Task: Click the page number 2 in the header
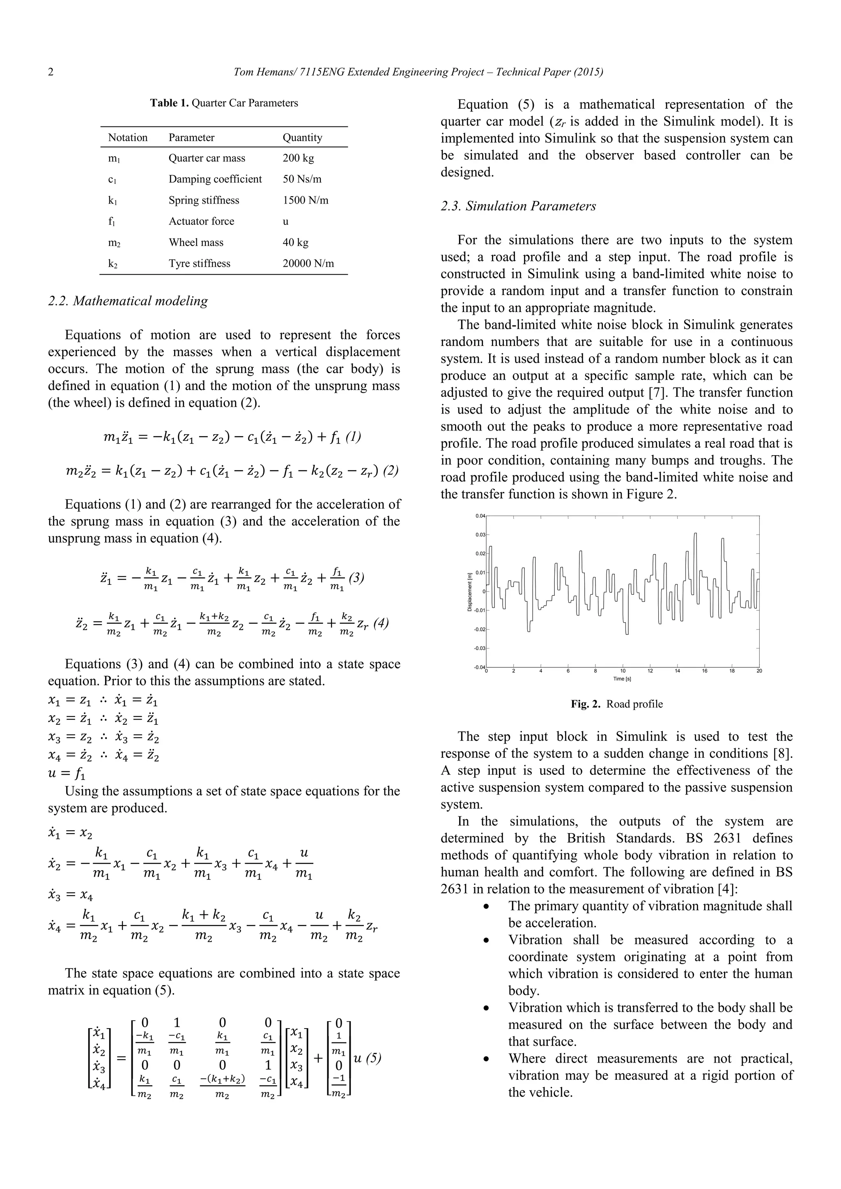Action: [x=51, y=72]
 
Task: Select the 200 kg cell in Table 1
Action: [x=298, y=158]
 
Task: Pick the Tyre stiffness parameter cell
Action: [x=200, y=263]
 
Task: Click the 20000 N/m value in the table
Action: [x=308, y=263]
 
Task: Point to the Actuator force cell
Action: [x=201, y=222]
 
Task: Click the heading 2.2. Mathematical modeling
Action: [x=128, y=301]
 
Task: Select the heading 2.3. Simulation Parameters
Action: [x=518, y=206]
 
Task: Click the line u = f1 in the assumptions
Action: [x=67, y=774]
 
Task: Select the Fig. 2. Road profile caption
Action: [x=617, y=704]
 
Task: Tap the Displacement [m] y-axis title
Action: [x=469, y=591]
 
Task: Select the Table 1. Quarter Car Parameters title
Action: [x=224, y=103]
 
